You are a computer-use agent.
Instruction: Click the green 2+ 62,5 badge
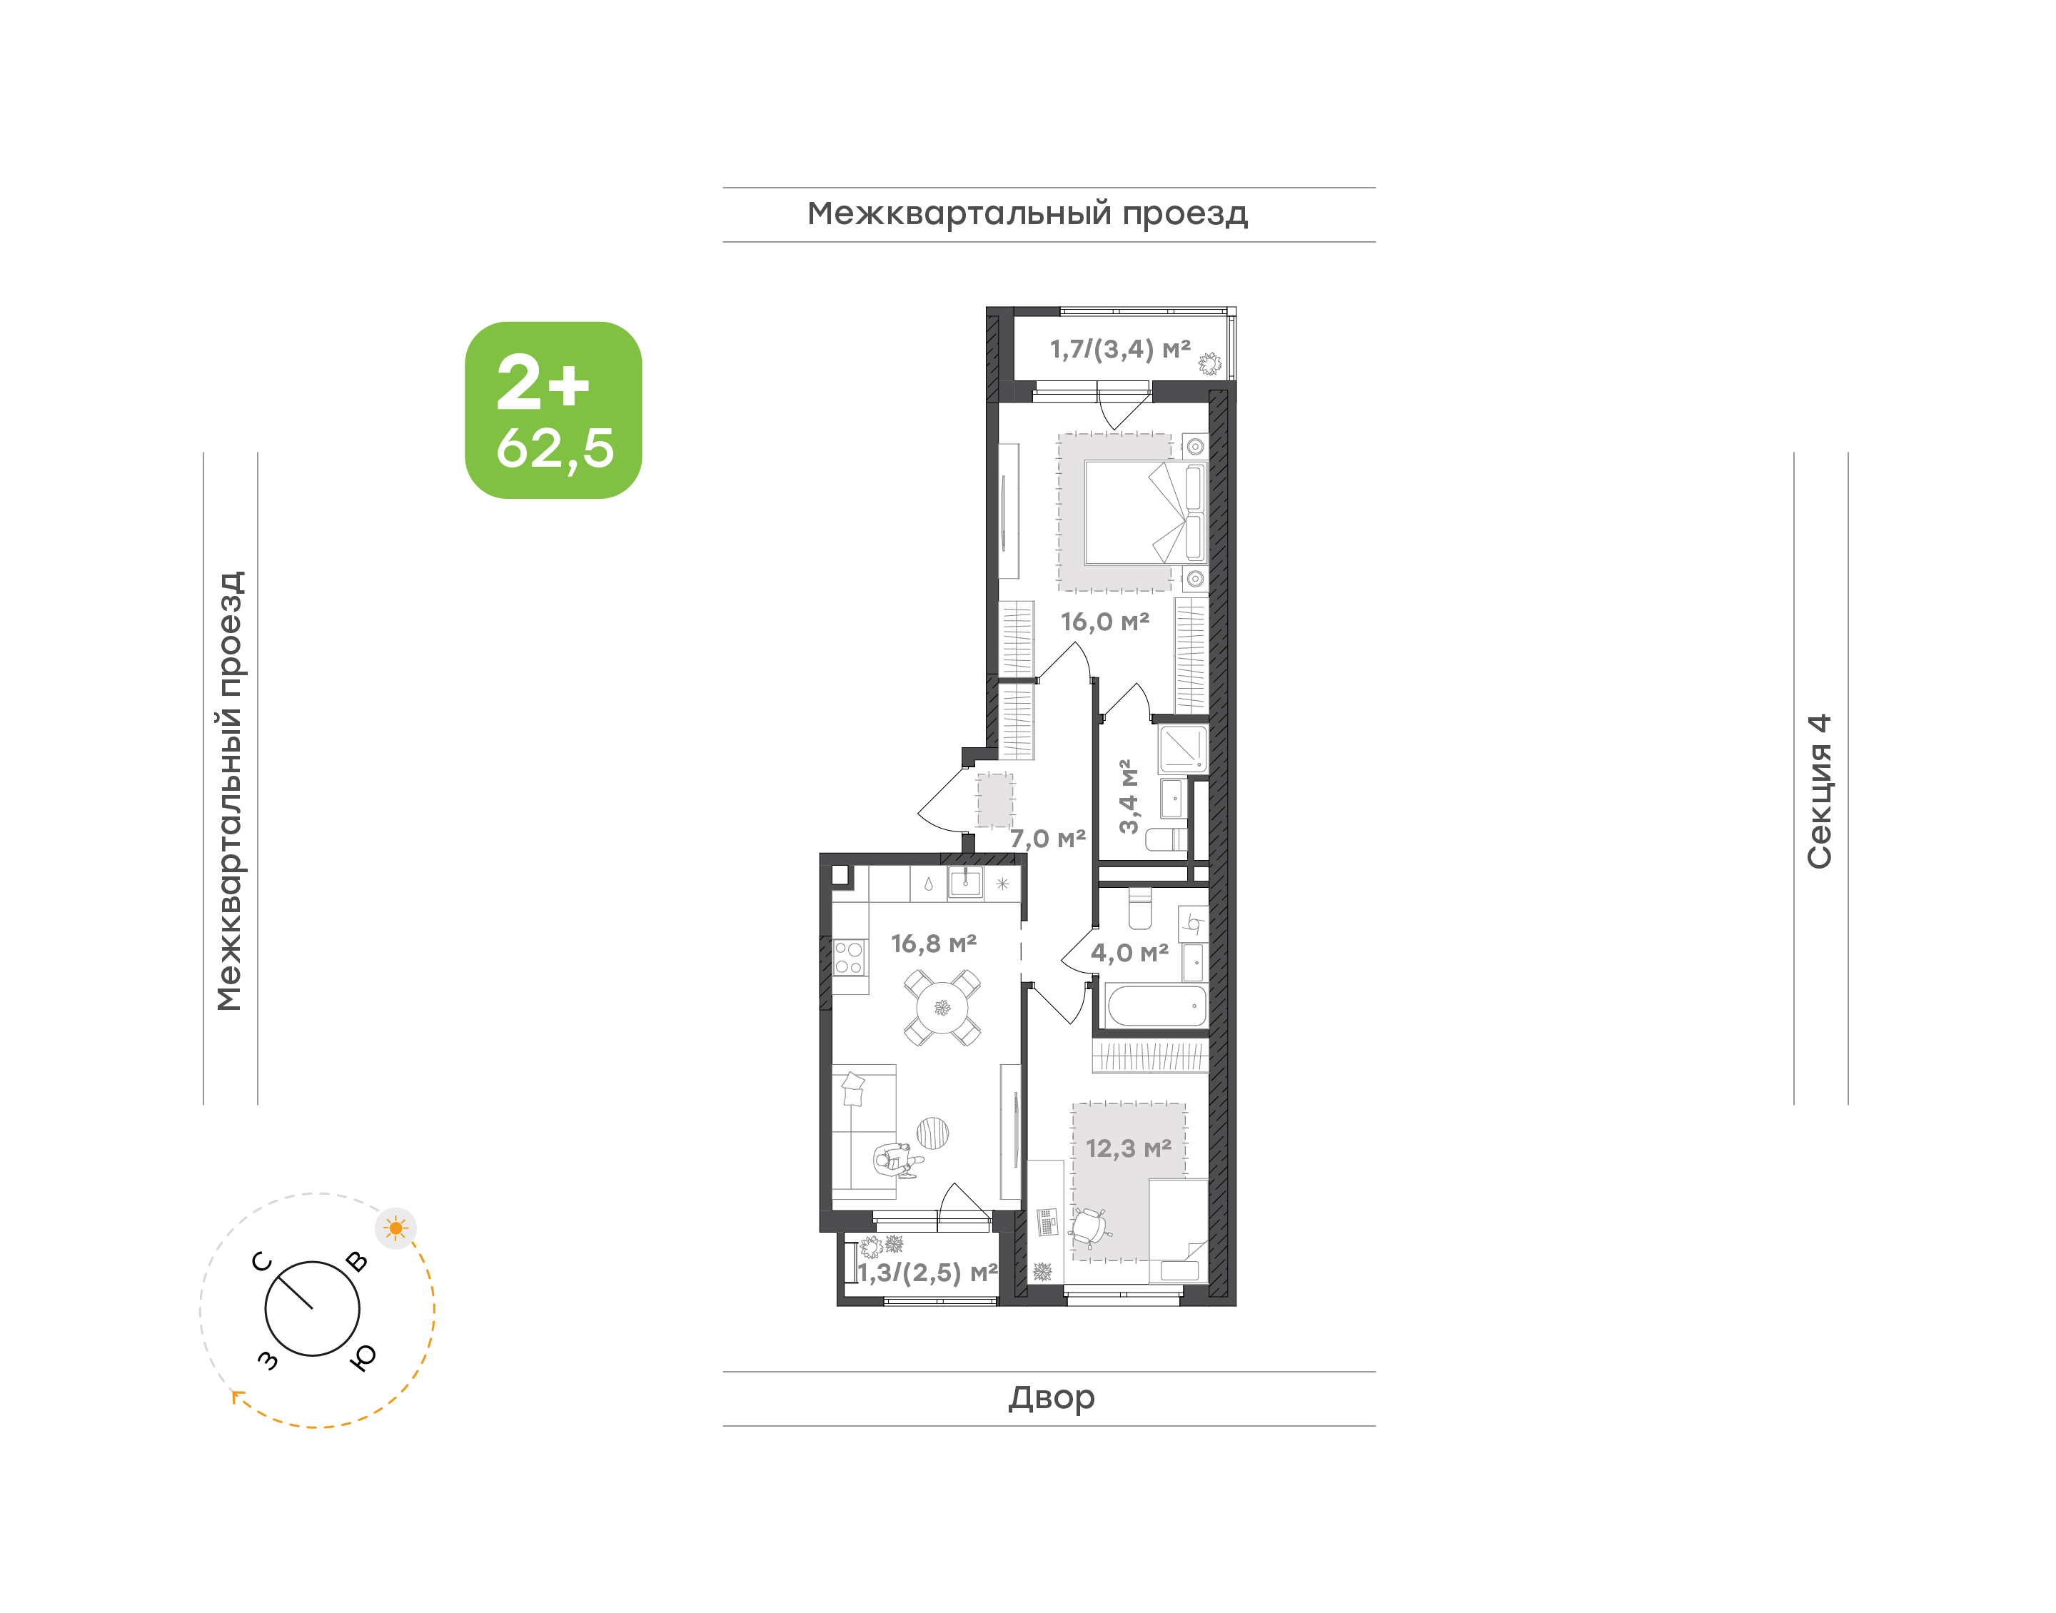click(553, 410)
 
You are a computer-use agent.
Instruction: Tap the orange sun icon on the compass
click(395, 1228)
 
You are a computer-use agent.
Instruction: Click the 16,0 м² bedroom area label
click(1105, 622)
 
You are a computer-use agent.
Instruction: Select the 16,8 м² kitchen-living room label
click(933, 944)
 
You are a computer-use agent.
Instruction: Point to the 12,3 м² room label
click(1129, 1148)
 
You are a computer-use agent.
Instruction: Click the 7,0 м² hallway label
click(1047, 839)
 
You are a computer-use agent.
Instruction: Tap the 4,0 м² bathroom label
click(1129, 953)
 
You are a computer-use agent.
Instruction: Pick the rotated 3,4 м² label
click(1128, 796)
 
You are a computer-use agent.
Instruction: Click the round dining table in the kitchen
click(942, 1008)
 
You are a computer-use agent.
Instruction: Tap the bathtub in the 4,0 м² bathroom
click(1157, 1006)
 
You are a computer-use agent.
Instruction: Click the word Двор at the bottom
click(1051, 1397)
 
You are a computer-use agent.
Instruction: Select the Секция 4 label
click(1819, 792)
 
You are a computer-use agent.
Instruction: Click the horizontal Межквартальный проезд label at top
click(1027, 214)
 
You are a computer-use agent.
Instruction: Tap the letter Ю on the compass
click(363, 1356)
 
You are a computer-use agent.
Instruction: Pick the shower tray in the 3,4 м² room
click(1182, 749)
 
